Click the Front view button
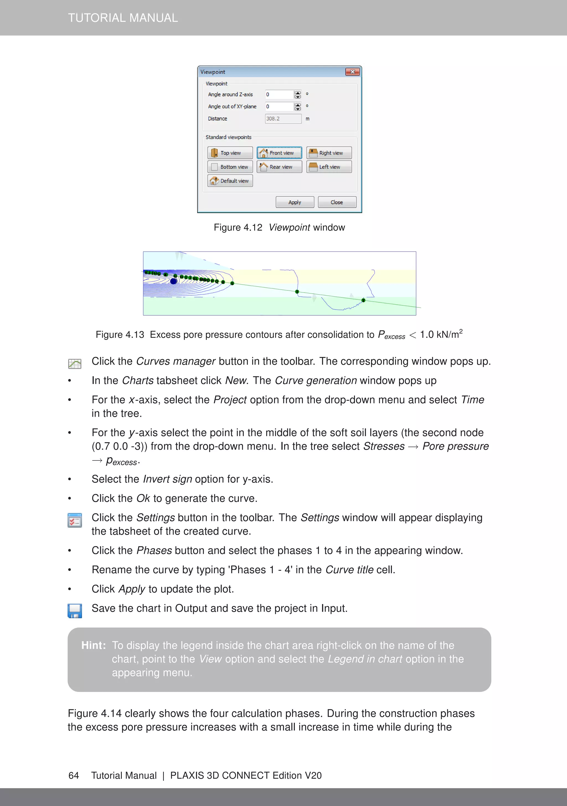(x=279, y=153)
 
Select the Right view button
(x=329, y=153)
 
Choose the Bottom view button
(x=230, y=167)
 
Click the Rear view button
(x=279, y=167)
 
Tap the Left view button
(x=329, y=167)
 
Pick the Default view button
(x=230, y=181)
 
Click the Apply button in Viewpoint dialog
(x=295, y=202)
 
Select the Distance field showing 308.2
(x=283, y=119)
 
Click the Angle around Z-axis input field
(x=279, y=94)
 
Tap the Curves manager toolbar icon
(x=75, y=364)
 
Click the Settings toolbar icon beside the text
(x=75, y=520)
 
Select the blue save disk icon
(x=75, y=611)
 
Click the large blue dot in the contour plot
(x=173, y=281)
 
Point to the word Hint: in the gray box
(x=93, y=645)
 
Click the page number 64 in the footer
(x=74, y=776)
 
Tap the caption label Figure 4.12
(x=238, y=227)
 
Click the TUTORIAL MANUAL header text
(x=123, y=17)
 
